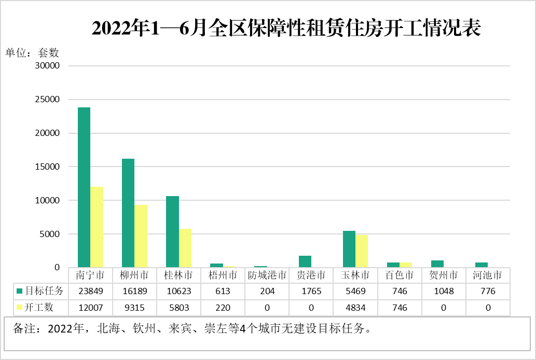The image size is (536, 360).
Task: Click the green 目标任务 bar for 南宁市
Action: coord(84,187)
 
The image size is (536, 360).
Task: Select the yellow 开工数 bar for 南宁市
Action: coord(97,227)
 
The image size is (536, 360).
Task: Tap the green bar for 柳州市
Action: coord(128,213)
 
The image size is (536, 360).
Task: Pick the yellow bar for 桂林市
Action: coord(185,248)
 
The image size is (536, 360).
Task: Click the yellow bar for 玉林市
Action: coord(362,251)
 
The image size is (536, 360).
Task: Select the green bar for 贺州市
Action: coord(437,264)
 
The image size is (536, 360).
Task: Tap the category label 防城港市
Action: coord(267,275)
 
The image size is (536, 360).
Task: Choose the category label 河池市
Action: coord(488,275)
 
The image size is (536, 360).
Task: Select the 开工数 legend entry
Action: coord(36,307)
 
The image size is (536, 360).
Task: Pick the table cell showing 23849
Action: coord(90,291)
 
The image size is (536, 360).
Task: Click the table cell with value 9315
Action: coord(134,307)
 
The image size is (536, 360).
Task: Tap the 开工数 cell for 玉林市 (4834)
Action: coord(355,307)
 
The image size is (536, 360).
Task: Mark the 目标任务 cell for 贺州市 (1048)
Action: coord(444,291)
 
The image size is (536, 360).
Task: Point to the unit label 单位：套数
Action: coord(33,52)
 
